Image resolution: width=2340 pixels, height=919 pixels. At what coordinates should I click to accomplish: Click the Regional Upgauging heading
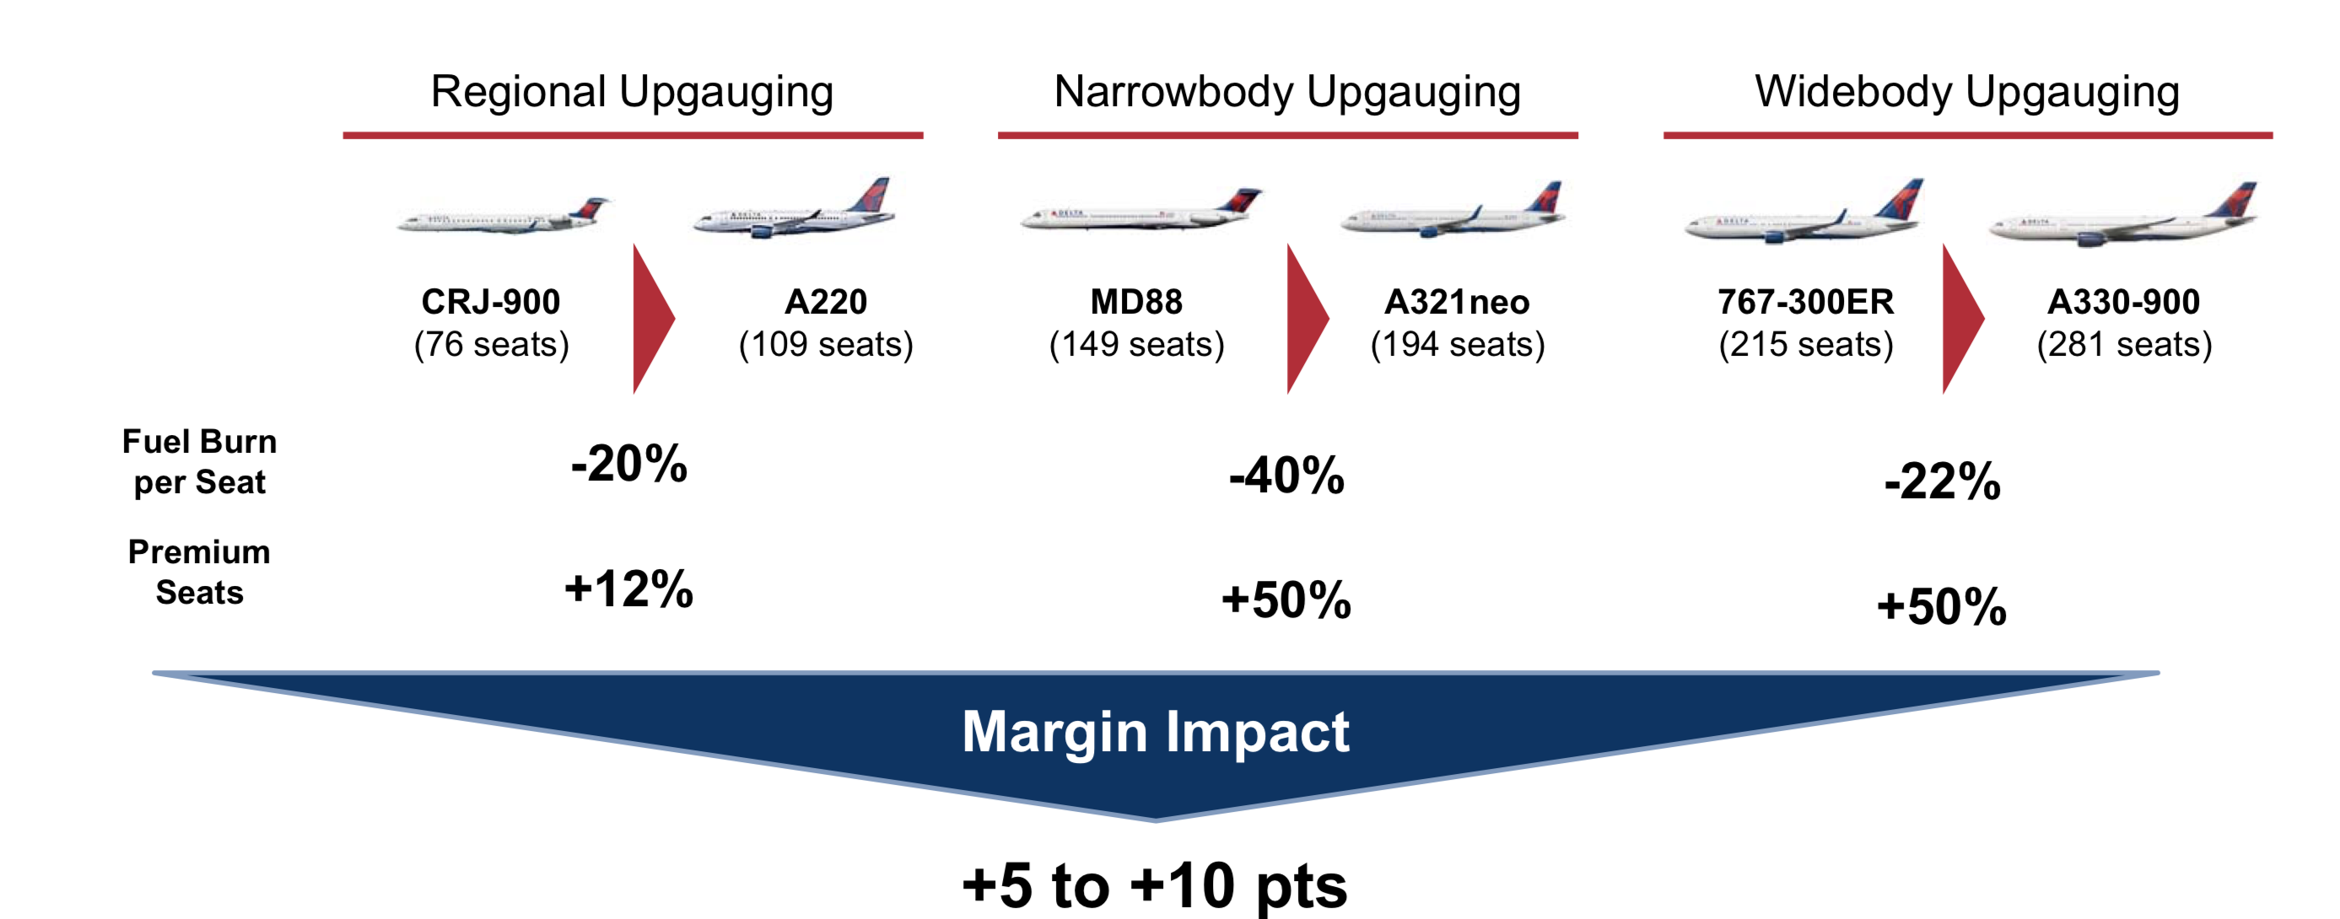(632, 93)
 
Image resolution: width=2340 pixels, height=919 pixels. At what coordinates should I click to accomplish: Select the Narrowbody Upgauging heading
(1287, 93)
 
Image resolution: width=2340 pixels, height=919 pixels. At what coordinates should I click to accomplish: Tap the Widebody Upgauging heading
(1966, 93)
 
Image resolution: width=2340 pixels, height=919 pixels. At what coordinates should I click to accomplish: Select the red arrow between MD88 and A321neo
(1307, 319)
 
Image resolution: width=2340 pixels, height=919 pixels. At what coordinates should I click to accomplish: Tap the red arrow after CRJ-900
(652, 319)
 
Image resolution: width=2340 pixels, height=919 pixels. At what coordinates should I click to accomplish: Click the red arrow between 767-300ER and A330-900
(1962, 319)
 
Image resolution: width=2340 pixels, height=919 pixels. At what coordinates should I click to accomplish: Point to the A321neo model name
(1457, 302)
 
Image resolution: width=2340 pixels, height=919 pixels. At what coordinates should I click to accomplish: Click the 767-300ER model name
(1806, 302)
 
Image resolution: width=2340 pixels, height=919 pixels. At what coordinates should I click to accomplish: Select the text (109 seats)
(826, 345)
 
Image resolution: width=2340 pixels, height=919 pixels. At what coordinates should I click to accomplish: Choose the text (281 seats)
(2125, 345)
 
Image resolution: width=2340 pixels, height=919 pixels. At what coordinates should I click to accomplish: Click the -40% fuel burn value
(1286, 476)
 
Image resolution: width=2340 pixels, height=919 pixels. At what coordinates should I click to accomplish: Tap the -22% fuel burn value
(1942, 481)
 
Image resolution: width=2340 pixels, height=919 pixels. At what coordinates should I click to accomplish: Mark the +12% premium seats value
(628, 588)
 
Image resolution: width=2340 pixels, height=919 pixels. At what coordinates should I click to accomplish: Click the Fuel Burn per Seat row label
(200, 461)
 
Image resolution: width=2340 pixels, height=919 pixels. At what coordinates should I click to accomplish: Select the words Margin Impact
(1156, 732)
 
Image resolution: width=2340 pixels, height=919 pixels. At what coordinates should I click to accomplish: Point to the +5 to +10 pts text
(1155, 885)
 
